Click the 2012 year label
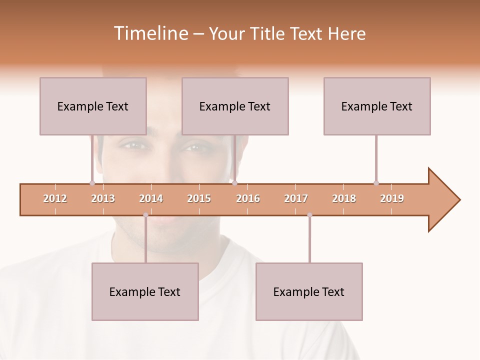tap(55, 198)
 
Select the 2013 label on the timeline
tap(103, 198)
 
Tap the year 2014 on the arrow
tap(151, 198)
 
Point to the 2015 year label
tap(199, 198)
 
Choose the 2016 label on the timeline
tap(248, 198)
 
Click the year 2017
tap(296, 198)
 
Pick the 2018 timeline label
tap(344, 198)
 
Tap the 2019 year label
tap(392, 198)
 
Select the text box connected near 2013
tap(93, 106)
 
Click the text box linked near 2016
tap(235, 106)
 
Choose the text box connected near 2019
tap(377, 106)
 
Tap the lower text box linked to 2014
tap(145, 291)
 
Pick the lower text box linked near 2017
tap(309, 291)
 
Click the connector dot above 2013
tap(92, 183)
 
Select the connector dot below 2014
tap(145, 215)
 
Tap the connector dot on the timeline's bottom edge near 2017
tap(309, 215)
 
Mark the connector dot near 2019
tap(376, 183)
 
